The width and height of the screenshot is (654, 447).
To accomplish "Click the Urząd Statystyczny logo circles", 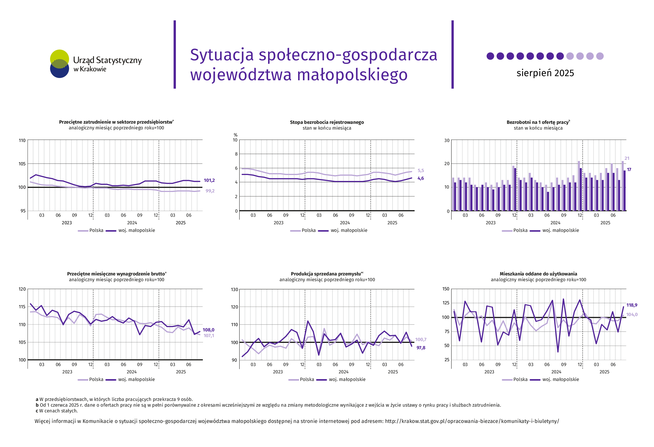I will click(x=59, y=64).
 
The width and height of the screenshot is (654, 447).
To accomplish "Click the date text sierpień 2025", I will click(x=545, y=73).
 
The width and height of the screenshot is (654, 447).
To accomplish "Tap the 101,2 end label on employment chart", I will click(x=209, y=180).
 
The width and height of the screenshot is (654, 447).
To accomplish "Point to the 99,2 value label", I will click(x=210, y=191).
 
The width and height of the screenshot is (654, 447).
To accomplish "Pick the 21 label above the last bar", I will click(x=627, y=158).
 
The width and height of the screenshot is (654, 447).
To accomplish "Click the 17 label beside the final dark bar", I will click(x=629, y=169).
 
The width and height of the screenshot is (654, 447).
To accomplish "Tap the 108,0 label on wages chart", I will click(x=208, y=330).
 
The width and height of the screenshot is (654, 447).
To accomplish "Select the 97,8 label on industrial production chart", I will click(x=421, y=348).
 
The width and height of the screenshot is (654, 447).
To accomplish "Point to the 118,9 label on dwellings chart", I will click(x=632, y=305).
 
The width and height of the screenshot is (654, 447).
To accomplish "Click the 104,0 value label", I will click(x=632, y=315).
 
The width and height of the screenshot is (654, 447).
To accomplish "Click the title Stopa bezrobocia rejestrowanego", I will click(x=327, y=122).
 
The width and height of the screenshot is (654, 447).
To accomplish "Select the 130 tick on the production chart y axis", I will click(x=234, y=290).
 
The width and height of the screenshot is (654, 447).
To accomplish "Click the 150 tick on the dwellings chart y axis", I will click(x=446, y=289).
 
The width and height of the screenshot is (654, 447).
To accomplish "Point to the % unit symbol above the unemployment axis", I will click(x=236, y=135).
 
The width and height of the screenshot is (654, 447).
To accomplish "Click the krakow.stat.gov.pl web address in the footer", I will click(x=472, y=421).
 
